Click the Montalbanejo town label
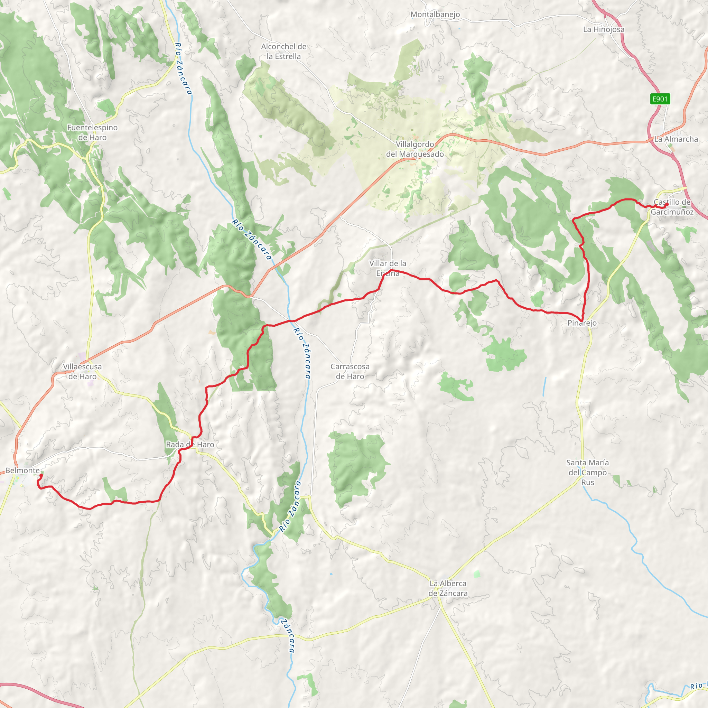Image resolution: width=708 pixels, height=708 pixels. tap(435, 15)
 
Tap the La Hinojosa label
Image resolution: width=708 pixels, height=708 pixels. tap(604, 29)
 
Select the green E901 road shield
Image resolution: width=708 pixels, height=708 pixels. tap(660, 99)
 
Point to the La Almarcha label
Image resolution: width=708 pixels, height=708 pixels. tap(676, 139)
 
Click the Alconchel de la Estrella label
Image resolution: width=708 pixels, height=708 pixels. tap(283, 51)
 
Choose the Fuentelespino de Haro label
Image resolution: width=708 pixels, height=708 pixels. tap(92, 132)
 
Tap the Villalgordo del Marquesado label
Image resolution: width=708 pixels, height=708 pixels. tap(415, 149)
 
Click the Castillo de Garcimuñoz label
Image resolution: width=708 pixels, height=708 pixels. tap(672, 207)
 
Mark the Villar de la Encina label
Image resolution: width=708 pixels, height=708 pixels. tap(388, 268)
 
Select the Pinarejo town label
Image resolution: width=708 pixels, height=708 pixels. tap(582, 323)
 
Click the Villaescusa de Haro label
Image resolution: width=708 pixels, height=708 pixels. tap(83, 371)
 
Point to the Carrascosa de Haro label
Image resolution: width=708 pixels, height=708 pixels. tap(350, 371)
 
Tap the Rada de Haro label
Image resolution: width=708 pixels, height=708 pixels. tap(190, 445)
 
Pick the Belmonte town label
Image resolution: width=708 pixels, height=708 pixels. tap(22, 471)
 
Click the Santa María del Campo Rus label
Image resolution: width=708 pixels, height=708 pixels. tap(587, 472)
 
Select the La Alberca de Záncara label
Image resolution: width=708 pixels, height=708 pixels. tap(448, 588)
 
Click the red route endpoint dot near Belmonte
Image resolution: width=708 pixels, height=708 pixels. tap(41, 475)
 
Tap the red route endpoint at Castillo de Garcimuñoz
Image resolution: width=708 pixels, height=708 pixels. tap(667, 205)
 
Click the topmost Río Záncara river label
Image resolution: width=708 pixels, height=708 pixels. tap(183, 68)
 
